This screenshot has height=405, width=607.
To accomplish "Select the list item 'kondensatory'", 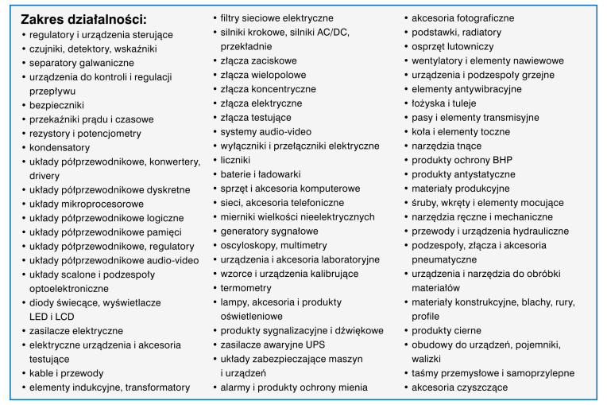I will click(59, 147).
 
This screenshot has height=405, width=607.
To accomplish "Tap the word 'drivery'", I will click(45, 175).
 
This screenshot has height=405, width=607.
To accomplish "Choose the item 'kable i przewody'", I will click(66, 372).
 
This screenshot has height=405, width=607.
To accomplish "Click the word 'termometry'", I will click(246, 288).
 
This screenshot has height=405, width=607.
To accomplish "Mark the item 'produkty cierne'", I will click(447, 330).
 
